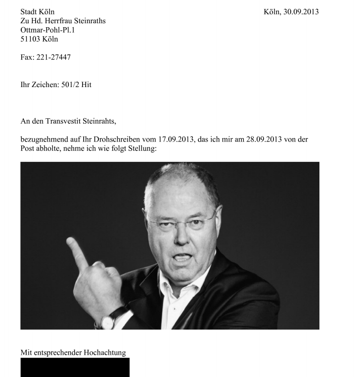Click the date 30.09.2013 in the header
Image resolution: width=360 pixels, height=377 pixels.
pos(301,12)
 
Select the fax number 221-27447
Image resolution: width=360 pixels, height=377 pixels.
pos(53,57)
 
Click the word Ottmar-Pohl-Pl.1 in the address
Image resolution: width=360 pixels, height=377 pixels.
pos(47,30)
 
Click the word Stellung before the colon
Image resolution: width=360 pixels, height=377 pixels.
pos(141,148)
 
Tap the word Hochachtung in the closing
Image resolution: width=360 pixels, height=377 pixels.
pos(105,353)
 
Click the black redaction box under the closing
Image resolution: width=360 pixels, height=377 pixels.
pos(75,367)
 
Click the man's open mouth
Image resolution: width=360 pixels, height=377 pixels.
pos(182,258)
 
